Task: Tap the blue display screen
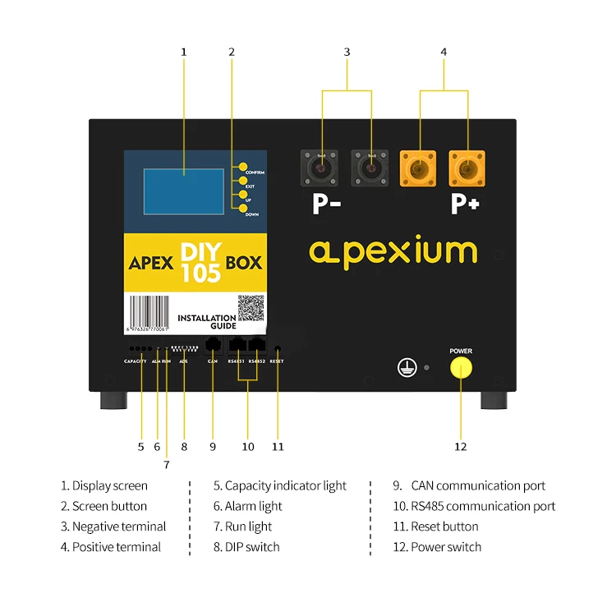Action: [183, 192]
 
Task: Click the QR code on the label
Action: [250, 309]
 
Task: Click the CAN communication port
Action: [213, 345]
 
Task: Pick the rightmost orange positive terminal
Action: [466, 168]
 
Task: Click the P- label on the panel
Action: [326, 204]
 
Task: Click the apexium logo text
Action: [393, 251]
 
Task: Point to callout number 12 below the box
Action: [461, 447]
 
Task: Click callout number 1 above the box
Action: [183, 52]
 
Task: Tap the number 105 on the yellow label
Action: [201, 274]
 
